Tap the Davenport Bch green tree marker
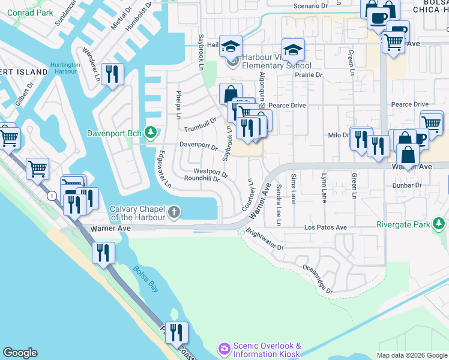[151, 132]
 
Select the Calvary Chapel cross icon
[174, 211]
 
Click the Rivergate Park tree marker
[440, 224]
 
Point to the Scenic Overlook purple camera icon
[225, 349]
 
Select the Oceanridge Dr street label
[318, 280]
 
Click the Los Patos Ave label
[325, 228]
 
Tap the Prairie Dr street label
[309, 75]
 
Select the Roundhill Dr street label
[202, 178]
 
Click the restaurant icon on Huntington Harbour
[112, 74]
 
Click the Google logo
[20, 353]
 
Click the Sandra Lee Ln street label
[279, 205]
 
